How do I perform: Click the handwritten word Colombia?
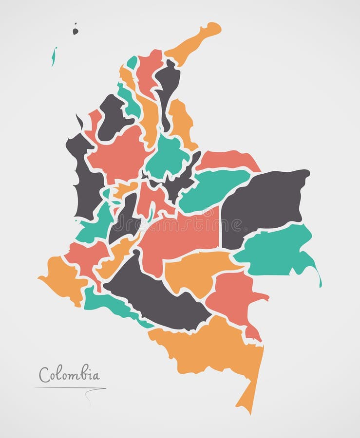pyautogui.click(x=69, y=374)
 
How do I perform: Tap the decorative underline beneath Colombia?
pyautogui.click(x=71, y=388)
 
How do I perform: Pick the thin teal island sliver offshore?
pyautogui.click(x=54, y=56)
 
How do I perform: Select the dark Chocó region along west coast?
pyautogui.click(x=85, y=180)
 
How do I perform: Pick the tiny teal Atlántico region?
pyautogui.click(x=132, y=63)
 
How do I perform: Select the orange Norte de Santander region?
pyautogui.click(x=180, y=122)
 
